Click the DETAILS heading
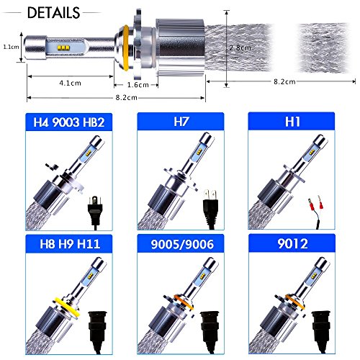[x=53, y=12]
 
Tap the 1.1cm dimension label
[x=11, y=47]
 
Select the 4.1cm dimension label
[x=70, y=83]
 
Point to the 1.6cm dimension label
[x=138, y=85]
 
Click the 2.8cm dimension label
[x=240, y=48]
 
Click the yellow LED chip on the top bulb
[x=63, y=48]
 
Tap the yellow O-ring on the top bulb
[x=125, y=48]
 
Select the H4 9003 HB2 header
[x=69, y=122]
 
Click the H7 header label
[x=181, y=122]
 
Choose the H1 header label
[x=292, y=122]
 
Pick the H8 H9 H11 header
[x=70, y=244]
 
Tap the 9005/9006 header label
[x=182, y=244]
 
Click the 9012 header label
[x=292, y=243]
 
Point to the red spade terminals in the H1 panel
[x=315, y=204]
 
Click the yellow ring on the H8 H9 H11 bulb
[x=66, y=307]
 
